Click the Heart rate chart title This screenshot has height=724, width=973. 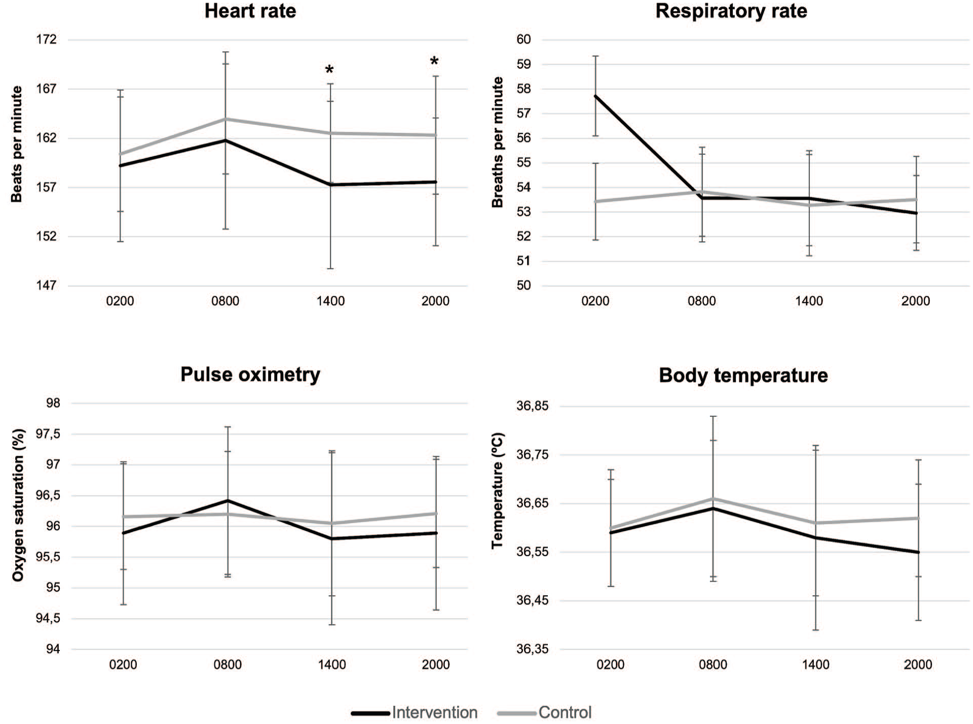250,11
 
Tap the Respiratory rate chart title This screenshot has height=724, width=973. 731,11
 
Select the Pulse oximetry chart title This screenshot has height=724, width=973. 250,375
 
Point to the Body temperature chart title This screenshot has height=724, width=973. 743,376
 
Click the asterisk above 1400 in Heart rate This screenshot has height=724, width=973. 329,70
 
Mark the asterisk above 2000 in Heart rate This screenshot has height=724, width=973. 434,62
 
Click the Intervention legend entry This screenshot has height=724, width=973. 415,712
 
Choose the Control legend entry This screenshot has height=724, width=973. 545,712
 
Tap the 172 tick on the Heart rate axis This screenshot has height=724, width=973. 46,40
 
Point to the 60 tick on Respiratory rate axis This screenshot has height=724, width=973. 523,40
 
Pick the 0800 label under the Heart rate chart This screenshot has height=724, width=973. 225,301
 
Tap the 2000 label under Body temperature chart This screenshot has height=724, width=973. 918,665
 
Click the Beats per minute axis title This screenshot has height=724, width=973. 17,144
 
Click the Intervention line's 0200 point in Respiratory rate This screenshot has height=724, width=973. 595,95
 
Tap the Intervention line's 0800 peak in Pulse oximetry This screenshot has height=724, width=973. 228,500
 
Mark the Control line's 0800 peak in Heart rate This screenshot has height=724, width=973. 225,119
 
